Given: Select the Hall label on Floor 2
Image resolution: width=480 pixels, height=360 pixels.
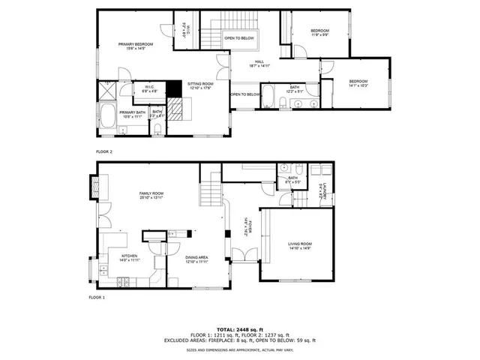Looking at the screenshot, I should [259, 63].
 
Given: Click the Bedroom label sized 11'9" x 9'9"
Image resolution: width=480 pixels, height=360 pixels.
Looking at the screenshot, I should [319, 30].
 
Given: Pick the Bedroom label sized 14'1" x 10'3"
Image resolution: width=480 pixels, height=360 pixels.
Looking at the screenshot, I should [358, 82].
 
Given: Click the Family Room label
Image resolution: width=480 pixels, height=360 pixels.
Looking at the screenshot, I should [151, 194].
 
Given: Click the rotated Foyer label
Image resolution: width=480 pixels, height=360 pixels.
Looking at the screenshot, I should [248, 226].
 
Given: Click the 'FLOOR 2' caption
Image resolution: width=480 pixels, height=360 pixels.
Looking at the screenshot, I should [103, 151].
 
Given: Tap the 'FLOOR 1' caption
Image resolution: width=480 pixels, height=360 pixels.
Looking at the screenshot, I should [97, 297].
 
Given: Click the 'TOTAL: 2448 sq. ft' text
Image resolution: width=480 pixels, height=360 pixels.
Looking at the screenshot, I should [240, 329].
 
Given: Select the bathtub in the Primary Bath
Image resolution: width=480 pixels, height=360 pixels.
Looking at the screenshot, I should [108, 118].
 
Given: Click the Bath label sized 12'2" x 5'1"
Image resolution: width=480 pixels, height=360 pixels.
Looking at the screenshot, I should [295, 88].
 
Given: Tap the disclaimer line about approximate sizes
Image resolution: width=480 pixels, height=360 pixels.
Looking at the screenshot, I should [240, 349].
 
